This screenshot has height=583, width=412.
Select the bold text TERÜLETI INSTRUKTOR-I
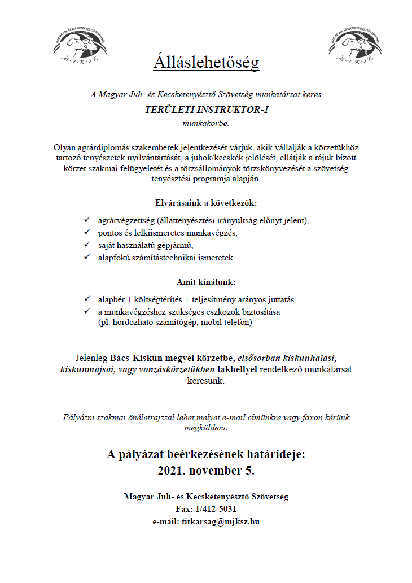206,110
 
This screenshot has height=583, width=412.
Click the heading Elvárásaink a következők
206,202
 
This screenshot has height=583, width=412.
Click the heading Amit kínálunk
206,281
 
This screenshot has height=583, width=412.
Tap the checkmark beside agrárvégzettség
87,219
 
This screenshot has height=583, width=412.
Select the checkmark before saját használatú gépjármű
87,245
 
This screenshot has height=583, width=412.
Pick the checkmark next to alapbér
87,298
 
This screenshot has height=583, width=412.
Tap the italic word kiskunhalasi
309,358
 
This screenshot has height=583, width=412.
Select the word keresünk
206,381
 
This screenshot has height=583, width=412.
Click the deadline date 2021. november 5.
206,470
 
